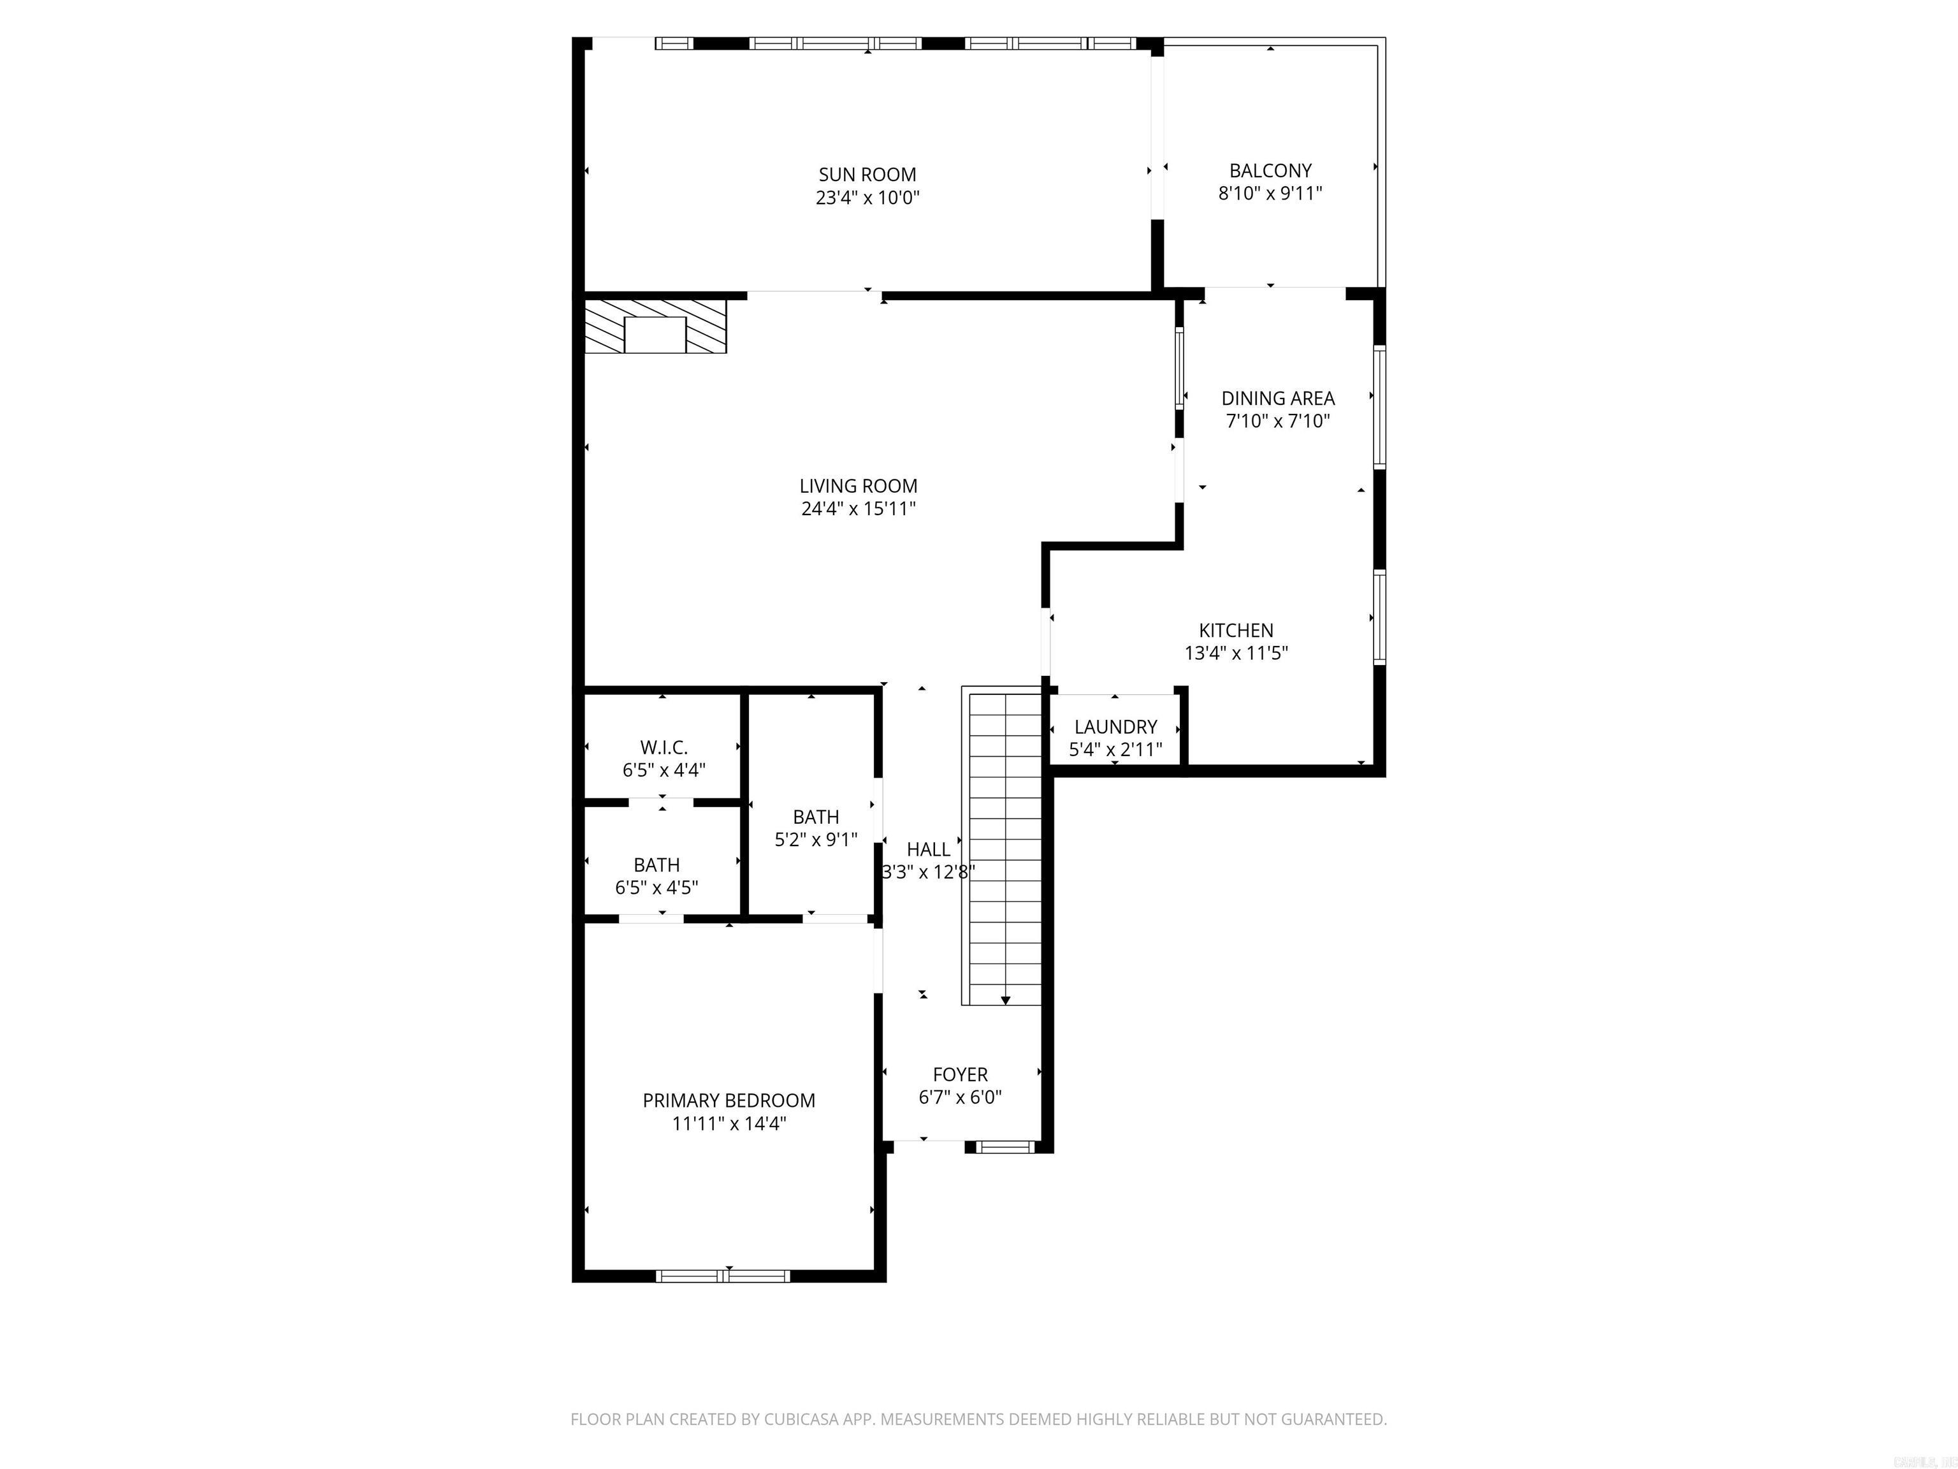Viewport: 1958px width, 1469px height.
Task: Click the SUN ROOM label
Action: [867, 175]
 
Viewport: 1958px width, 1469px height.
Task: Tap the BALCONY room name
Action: [1270, 171]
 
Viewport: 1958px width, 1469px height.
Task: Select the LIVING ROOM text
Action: [858, 486]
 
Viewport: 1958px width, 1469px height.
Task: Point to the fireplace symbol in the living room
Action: [655, 325]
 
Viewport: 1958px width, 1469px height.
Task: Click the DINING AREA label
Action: [1277, 398]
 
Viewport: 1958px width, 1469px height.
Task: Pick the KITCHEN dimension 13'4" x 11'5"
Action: [1236, 654]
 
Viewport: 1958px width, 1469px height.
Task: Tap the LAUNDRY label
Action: [1115, 727]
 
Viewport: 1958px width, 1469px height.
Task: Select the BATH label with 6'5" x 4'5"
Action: [656, 865]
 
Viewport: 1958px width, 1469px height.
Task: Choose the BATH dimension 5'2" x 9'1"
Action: [816, 840]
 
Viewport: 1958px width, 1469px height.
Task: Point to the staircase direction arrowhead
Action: [1006, 1000]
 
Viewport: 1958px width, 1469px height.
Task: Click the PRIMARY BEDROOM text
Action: [729, 1100]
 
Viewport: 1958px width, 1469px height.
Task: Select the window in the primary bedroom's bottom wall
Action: [723, 1276]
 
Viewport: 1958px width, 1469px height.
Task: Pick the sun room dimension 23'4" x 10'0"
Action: [867, 198]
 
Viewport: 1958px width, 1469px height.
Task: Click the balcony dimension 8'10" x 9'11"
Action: [1270, 193]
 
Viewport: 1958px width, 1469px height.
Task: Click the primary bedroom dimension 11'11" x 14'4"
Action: [729, 1123]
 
